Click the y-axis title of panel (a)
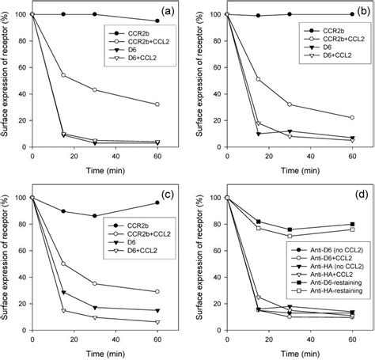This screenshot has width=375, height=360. tap(7, 79)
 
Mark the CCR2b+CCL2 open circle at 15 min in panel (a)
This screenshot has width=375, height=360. tap(63, 75)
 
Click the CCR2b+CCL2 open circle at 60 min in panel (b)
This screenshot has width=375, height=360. tap(351, 117)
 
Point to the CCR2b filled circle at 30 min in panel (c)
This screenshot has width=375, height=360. tap(94, 216)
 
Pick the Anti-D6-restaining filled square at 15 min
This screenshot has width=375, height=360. tap(259, 222)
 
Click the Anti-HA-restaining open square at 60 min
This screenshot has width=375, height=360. tap(351, 229)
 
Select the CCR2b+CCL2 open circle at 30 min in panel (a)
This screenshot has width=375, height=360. tap(94, 89)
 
